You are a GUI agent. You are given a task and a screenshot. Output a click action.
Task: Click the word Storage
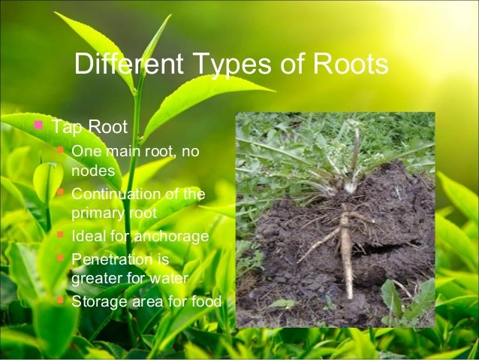98,302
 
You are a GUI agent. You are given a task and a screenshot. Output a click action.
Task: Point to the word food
206,302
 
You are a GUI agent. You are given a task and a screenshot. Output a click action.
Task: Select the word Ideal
87,237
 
